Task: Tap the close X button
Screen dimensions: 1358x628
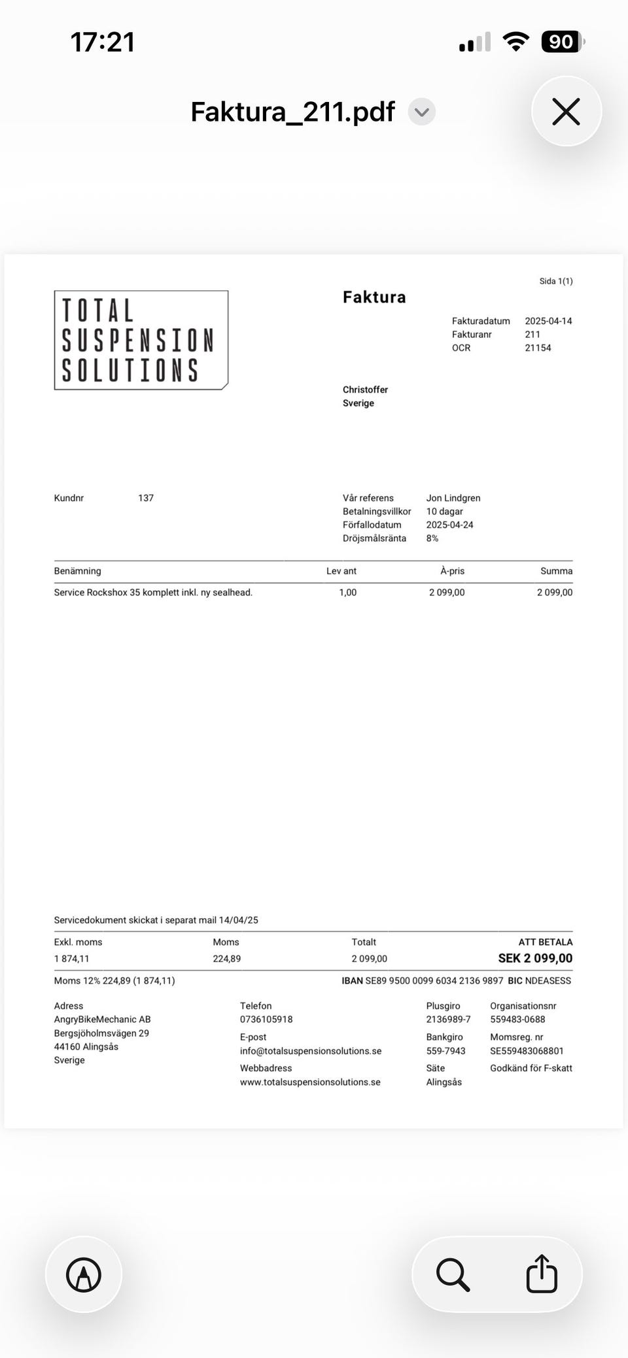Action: point(566,112)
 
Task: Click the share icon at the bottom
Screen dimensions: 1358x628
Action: point(542,1274)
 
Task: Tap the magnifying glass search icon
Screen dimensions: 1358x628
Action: point(453,1274)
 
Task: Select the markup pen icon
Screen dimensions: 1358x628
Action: point(84,1274)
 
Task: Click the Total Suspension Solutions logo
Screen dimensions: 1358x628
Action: point(141,340)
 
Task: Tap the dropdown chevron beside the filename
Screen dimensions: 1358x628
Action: point(422,112)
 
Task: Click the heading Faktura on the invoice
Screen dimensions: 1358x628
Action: point(374,297)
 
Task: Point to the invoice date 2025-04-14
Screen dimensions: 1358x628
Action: point(548,321)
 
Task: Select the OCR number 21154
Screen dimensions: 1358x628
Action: point(538,348)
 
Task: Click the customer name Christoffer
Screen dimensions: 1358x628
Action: point(365,389)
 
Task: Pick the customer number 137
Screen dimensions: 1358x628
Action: point(146,498)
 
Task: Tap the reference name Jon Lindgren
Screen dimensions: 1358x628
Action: point(453,498)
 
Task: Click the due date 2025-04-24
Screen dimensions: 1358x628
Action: point(449,525)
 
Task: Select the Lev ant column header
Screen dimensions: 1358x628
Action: point(341,571)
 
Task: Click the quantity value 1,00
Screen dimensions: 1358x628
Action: point(347,592)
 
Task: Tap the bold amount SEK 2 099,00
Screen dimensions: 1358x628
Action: point(535,958)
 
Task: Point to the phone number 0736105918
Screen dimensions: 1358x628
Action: point(266,1019)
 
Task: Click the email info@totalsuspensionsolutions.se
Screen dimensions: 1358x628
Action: point(311,1051)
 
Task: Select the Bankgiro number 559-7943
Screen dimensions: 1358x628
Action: point(445,1051)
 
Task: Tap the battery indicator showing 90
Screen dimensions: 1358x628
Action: point(561,42)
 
